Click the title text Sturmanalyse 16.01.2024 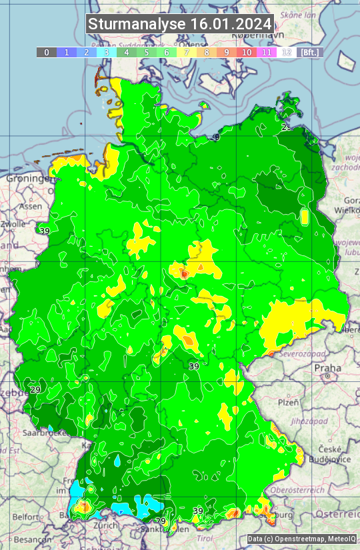point(180,24)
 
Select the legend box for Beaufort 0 point(46,52)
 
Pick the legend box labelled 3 point(107,52)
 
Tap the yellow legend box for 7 point(187,52)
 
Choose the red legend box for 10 point(247,52)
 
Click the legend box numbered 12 point(287,52)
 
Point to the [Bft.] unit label point(309,52)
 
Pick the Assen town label point(29,207)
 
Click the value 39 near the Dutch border point(45,231)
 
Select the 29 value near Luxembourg point(35,390)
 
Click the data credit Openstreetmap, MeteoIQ point(301,539)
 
